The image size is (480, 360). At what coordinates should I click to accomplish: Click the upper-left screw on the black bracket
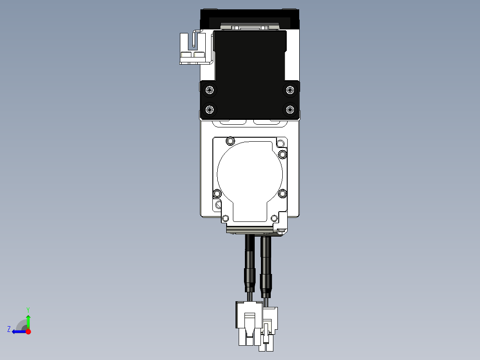tap(210, 90)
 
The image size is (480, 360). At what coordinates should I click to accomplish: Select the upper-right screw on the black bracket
tap(290, 90)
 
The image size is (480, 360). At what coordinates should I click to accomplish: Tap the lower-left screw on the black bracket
tap(210, 109)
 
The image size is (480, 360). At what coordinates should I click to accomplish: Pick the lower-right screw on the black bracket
tap(290, 109)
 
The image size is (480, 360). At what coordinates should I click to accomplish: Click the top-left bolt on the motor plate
tap(230, 141)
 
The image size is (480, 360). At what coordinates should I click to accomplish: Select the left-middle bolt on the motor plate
tap(217, 193)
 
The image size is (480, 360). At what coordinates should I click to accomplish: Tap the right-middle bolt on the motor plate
tap(282, 193)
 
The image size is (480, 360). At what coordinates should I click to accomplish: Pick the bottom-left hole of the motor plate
tap(225, 218)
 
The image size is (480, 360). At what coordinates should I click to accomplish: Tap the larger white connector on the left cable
tap(249, 322)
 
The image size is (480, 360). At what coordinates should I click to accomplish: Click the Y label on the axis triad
tap(28, 309)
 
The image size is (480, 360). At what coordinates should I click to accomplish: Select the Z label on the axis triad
tap(9, 329)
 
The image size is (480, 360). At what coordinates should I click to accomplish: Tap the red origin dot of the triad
tap(28, 331)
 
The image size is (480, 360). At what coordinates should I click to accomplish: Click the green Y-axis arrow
tap(28, 321)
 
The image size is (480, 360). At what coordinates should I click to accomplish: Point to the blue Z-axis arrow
tap(18, 331)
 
